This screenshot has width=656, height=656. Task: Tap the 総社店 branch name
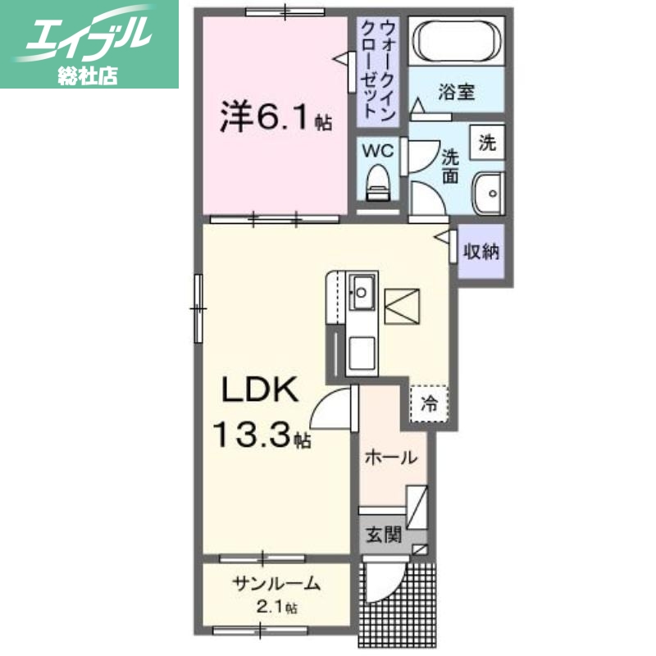[x=88, y=75]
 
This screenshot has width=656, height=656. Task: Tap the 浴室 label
[x=456, y=92]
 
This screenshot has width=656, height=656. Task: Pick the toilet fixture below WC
[x=378, y=182]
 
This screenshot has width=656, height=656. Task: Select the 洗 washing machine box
[x=486, y=143]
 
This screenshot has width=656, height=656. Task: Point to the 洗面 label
[x=450, y=164]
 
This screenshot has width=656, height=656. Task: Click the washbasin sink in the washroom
[x=490, y=194]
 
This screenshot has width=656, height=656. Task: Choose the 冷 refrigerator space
[x=429, y=403]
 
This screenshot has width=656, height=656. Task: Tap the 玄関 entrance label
[x=383, y=536]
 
